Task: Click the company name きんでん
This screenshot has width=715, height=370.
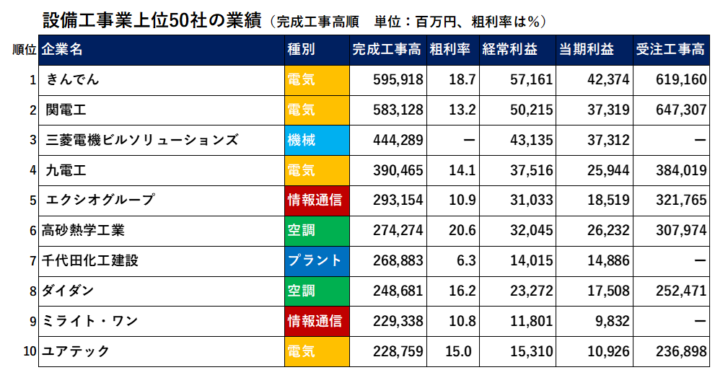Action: pyautogui.click(x=72, y=79)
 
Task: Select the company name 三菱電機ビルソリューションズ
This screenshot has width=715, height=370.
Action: pyautogui.click(x=141, y=140)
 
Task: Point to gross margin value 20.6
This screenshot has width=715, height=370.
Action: pyautogui.click(x=462, y=230)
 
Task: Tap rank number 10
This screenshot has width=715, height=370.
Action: pyautogui.click(x=30, y=351)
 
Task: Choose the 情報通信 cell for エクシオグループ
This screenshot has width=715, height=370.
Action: pyautogui.click(x=315, y=200)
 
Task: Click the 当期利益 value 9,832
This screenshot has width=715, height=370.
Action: pyautogui.click(x=614, y=321)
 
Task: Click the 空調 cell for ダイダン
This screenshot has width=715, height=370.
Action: pyautogui.click(x=302, y=291)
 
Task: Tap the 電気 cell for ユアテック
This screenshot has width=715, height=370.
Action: pyautogui.click(x=302, y=351)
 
